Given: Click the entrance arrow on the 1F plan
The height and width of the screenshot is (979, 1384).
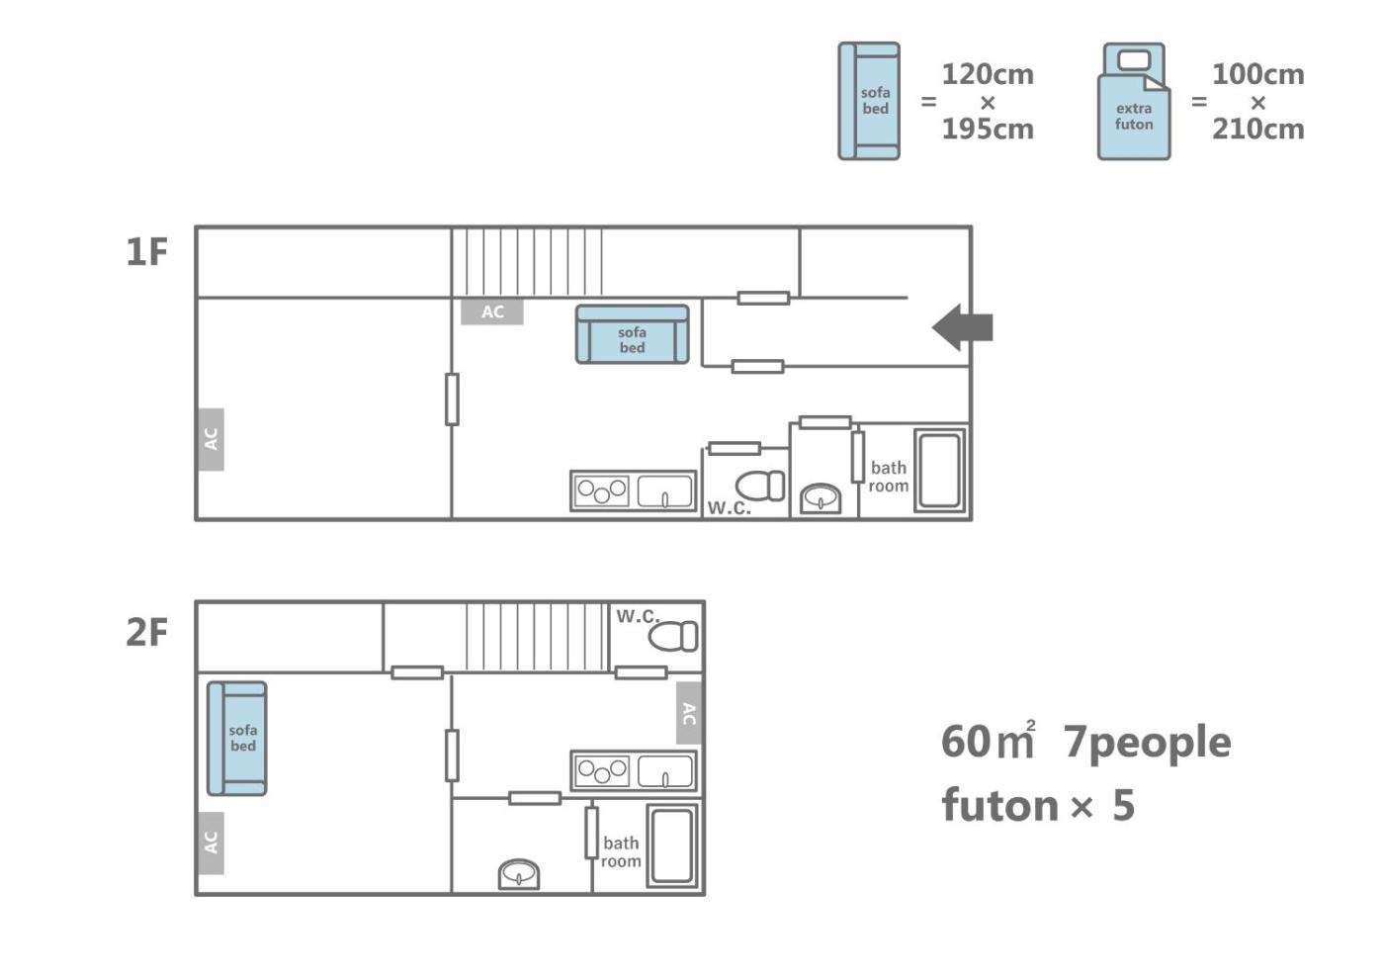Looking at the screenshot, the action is (962, 327).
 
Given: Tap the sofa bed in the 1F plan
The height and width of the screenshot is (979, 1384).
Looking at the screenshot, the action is (632, 334).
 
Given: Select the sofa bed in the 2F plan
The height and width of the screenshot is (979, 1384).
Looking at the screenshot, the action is (237, 738).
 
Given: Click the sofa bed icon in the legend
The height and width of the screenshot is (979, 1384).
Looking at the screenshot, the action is (869, 101).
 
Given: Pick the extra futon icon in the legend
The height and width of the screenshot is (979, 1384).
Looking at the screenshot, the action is (1134, 101).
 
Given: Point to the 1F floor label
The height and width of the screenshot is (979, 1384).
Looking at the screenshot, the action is (147, 252).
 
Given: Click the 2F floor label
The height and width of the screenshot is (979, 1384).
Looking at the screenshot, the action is (147, 632).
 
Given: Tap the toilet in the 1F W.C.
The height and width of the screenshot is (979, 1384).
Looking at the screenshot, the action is (760, 486).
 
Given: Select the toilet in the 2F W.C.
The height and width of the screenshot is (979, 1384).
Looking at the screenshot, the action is (673, 636).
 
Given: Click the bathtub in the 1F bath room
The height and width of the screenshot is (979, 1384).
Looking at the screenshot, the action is (940, 471).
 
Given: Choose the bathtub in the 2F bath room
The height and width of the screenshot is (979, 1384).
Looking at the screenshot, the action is (672, 845).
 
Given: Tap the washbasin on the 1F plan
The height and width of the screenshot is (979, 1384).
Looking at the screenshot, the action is (821, 498).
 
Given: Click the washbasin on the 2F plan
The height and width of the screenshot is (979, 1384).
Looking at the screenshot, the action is (519, 874).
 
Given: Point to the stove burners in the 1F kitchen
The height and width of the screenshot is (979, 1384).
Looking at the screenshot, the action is (602, 491).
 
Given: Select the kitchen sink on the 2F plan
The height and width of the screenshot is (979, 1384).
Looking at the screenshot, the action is (664, 771).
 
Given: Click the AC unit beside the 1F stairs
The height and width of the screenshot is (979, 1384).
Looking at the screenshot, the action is (492, 311).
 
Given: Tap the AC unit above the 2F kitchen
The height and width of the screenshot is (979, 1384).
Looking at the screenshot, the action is (689, 713).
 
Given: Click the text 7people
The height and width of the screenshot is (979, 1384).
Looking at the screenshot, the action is (1148, 743).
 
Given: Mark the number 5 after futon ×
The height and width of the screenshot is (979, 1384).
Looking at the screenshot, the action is (1124, 805).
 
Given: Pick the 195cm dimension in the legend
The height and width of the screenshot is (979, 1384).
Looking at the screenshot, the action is (988, 130).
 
